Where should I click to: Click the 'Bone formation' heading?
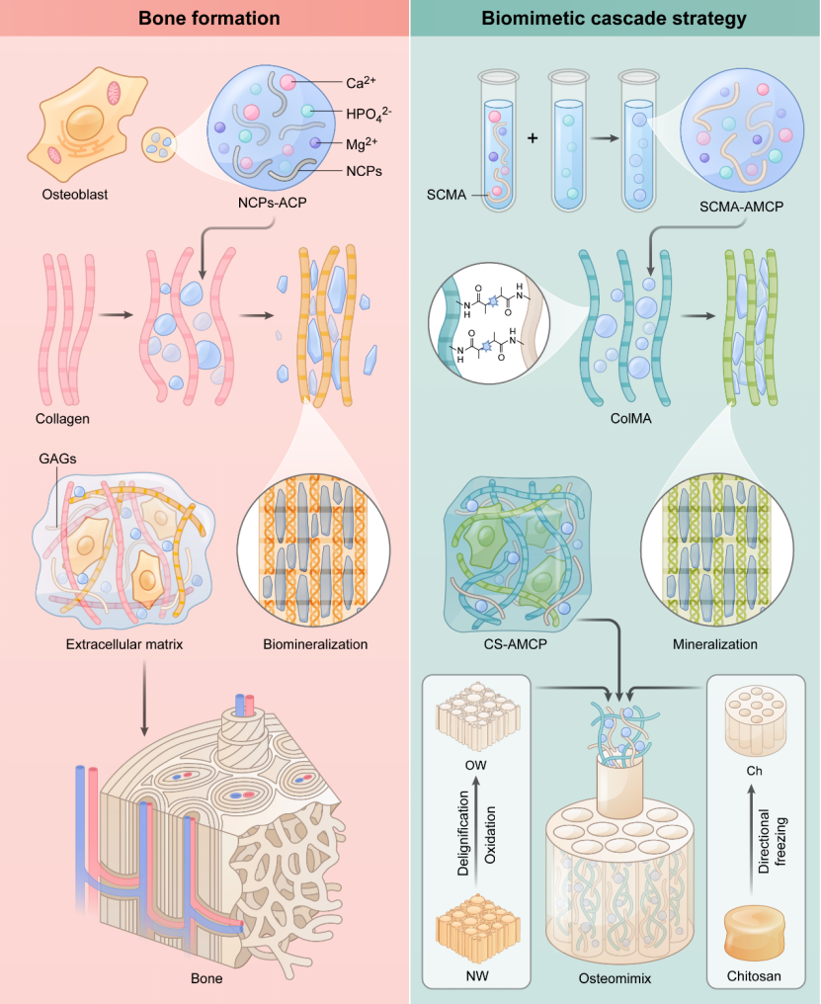[208, 18]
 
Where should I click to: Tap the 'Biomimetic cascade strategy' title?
[614, 18]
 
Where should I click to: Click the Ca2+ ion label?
[361, 83]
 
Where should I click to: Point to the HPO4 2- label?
[369, 114]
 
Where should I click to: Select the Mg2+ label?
[362, 144]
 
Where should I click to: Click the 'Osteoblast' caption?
[75, 195]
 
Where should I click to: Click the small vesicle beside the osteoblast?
[158, 144]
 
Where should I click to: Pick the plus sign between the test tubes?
[533, 137]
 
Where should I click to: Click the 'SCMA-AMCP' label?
[741, 207]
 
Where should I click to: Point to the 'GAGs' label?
[57, 459]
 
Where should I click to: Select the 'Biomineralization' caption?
[315, 644]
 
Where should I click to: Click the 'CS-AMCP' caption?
[516, 644]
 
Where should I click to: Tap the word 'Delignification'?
[463, 833]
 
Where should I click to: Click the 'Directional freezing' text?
[772, 841]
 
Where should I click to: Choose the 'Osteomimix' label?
[615, 978]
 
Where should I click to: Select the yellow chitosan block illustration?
[755, 933]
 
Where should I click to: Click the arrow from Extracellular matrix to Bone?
[144, 698]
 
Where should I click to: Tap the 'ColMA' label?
[630, 419]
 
